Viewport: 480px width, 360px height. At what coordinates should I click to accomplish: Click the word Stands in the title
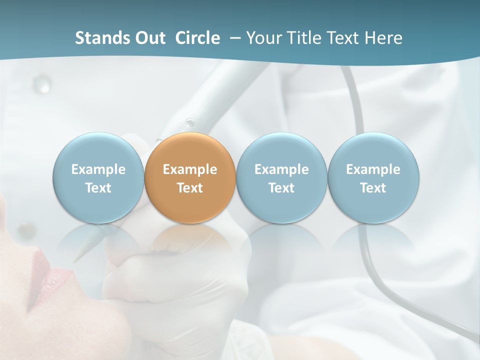point(95,38)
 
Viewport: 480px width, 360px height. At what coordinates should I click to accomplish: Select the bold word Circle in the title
point(197,38)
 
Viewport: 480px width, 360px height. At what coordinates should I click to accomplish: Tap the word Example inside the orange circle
point(190,169)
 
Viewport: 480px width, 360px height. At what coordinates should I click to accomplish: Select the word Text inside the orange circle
point(190,188)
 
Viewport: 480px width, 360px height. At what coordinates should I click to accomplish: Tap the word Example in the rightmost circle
point(373,169)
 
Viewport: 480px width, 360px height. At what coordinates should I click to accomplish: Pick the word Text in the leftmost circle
point(98,188)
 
